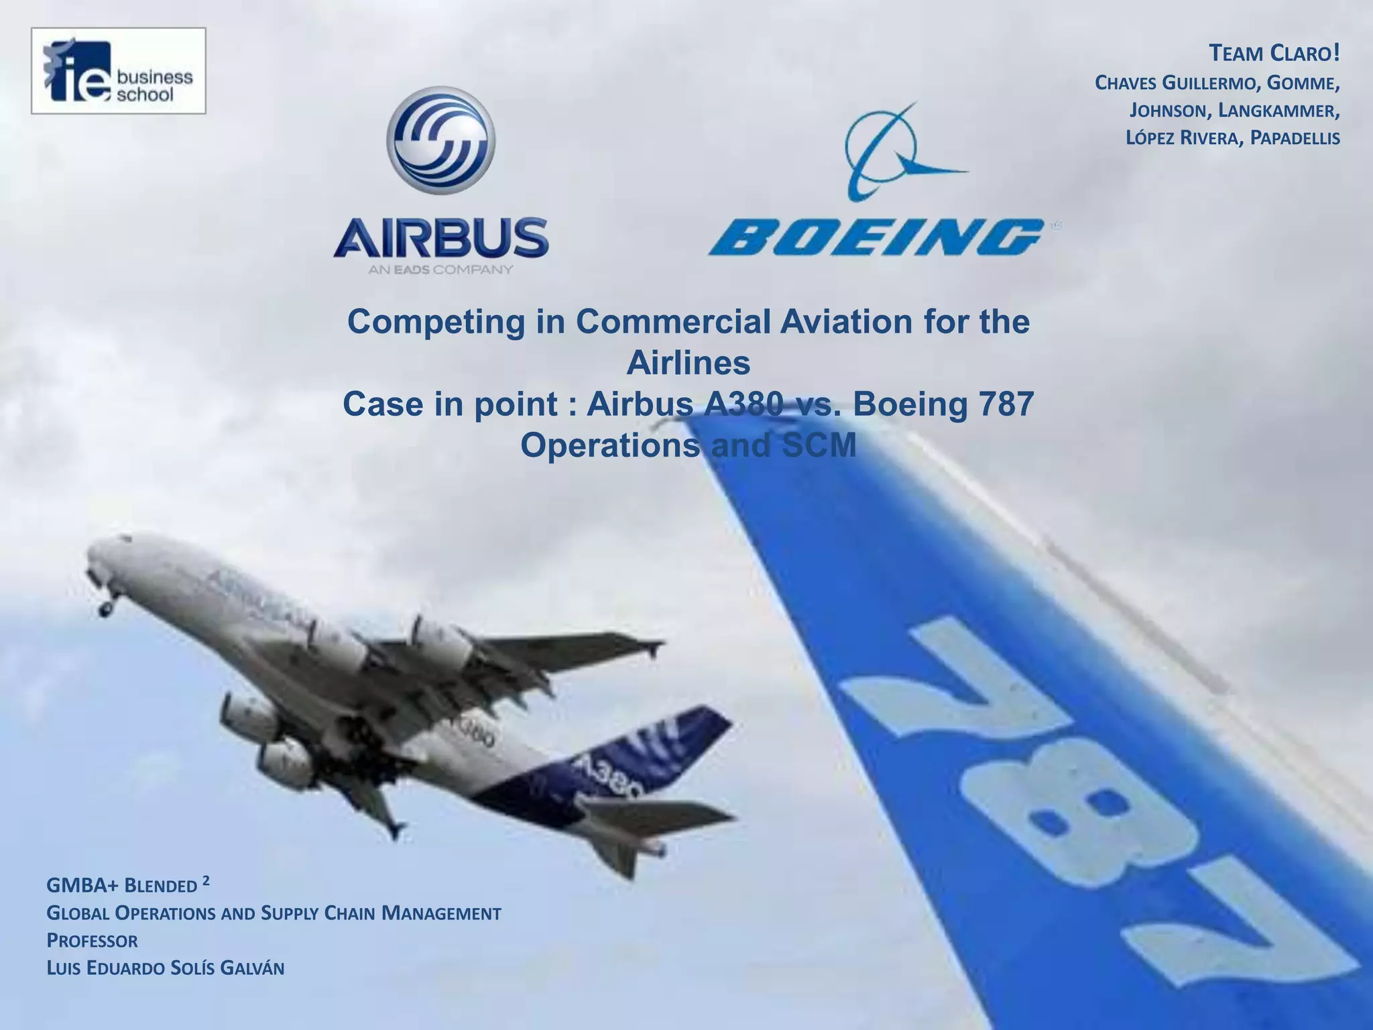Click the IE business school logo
[x=118, y=71]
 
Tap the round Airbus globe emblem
[x=440, y=140]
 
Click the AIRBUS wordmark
[x=440, y=237]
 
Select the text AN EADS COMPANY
[x=440, y=270]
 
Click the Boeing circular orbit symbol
[x=892, y=153]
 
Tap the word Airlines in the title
[x=688, y=363]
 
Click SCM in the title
[x=819, y=446]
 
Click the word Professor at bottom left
[x=93, y=941]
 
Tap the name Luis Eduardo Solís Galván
[x=166, y=968]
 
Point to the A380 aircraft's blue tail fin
[x=677, y=738]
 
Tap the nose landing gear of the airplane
[x=105, y=607]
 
